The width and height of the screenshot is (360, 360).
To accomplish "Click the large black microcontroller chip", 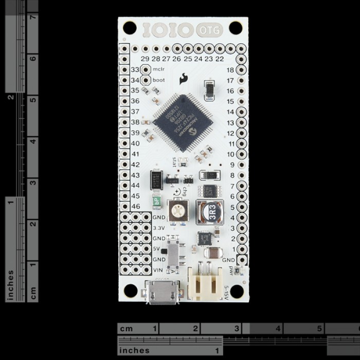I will click(183, 122).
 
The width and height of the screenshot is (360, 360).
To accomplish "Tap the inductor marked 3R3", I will click(209, 212).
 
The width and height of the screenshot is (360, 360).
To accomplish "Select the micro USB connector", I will click(162, 292).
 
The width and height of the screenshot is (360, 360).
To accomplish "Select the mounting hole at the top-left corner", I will click(130, 28).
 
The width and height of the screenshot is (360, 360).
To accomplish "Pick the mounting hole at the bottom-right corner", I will click(236, 291).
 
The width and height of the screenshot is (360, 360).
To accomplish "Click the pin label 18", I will click(230, 70).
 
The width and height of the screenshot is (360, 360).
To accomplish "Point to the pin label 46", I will click(135, 206).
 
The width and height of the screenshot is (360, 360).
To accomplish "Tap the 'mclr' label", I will click(158, 69).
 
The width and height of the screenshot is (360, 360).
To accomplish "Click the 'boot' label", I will click(158, 80).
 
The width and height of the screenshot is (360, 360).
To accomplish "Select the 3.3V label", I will click(159, 228).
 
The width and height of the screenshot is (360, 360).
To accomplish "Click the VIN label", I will click(159, 270).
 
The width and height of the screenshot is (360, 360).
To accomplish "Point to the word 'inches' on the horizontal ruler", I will click(135, 351).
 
